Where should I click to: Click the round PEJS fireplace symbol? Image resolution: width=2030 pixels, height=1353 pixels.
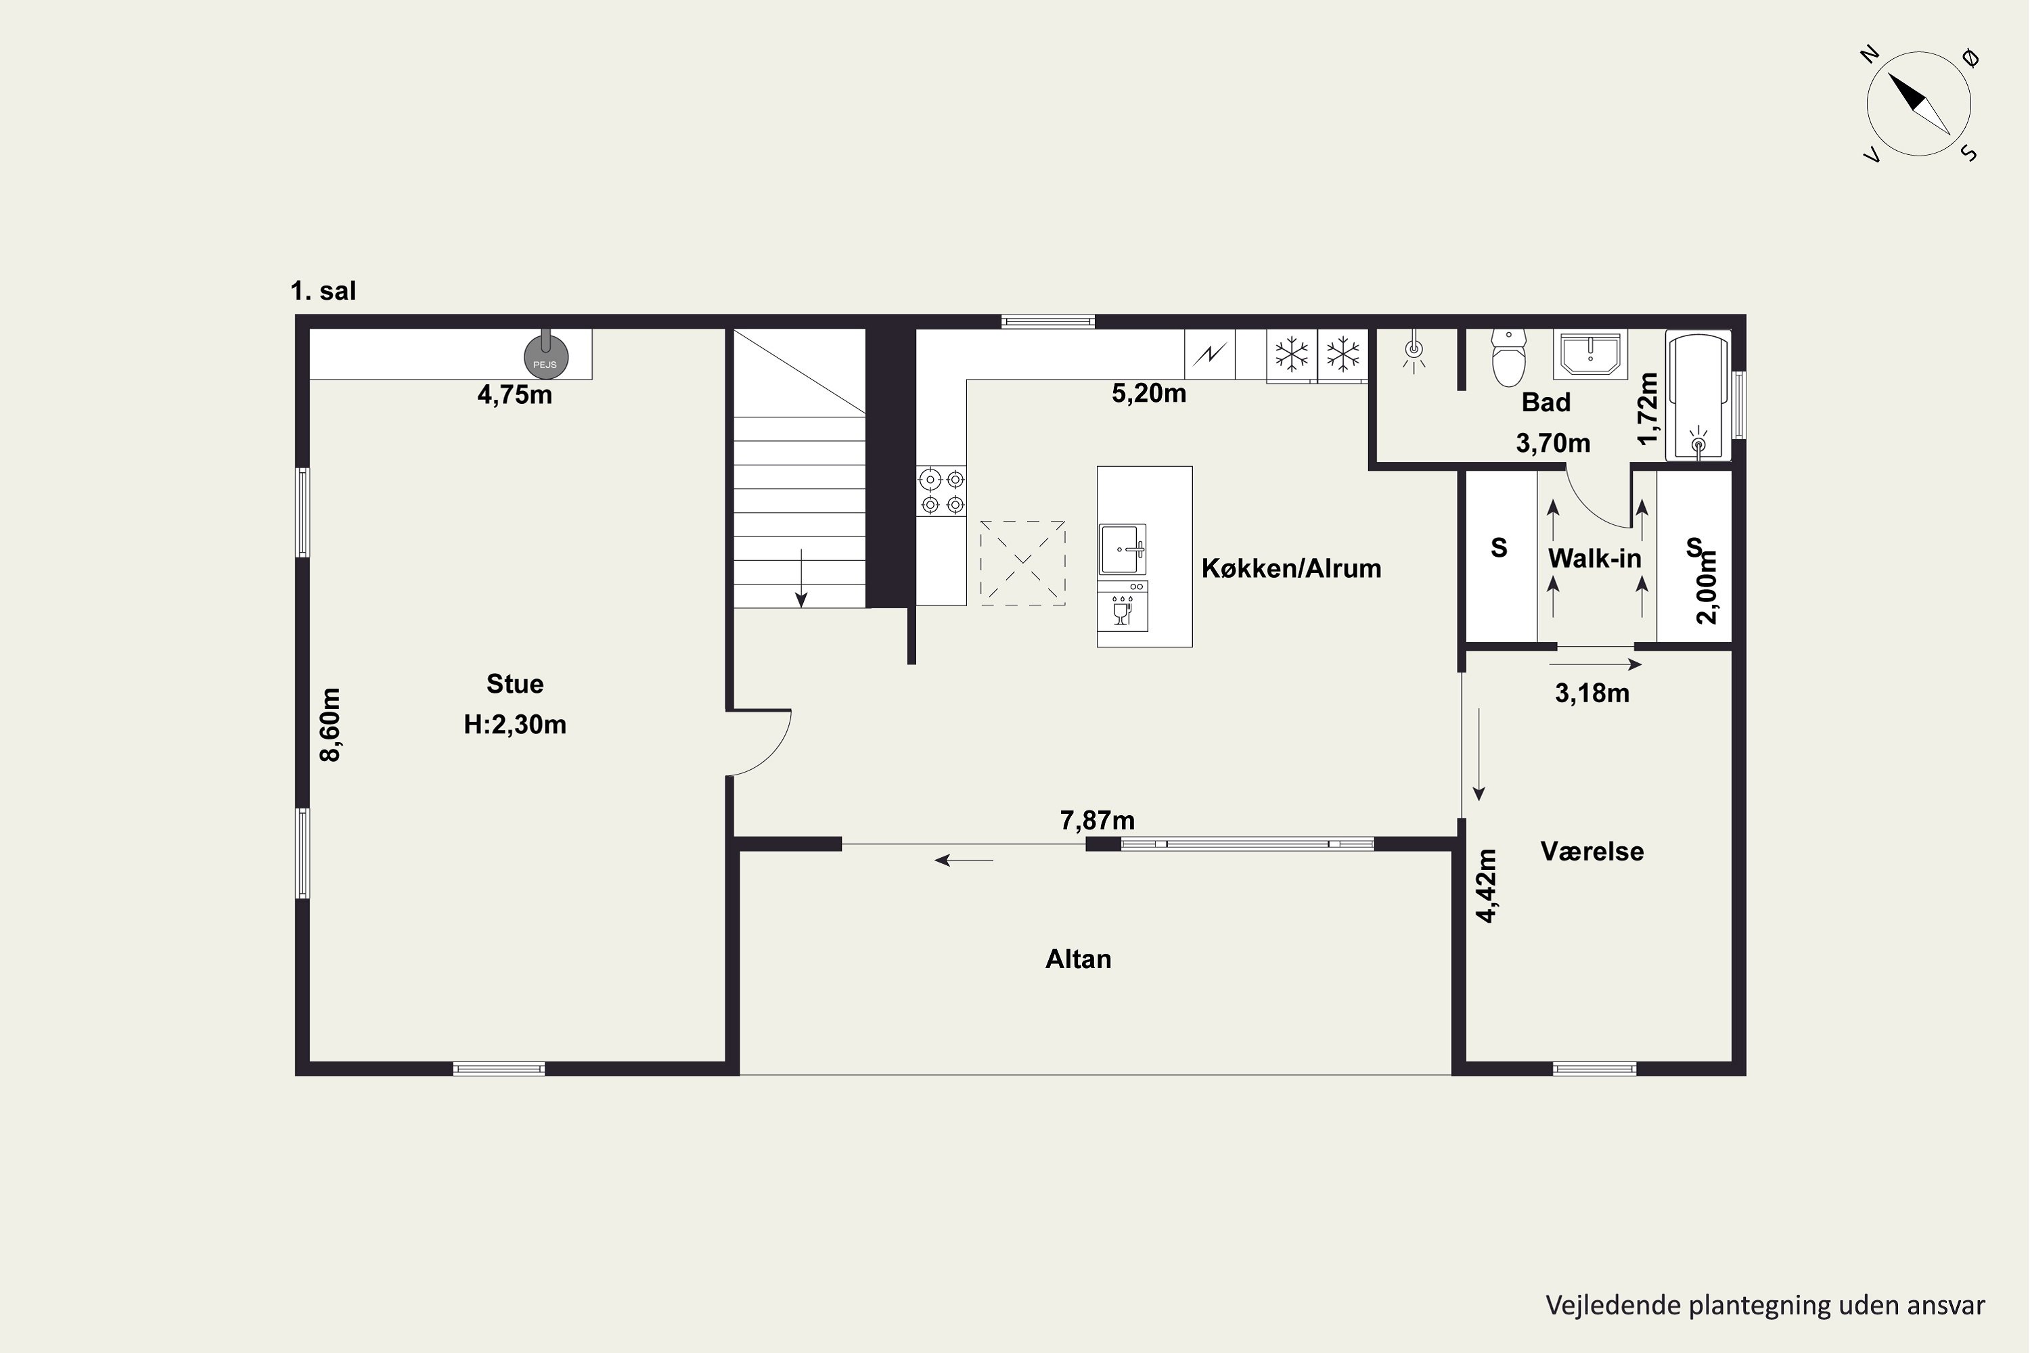pyautogui.click(x=546, y=357)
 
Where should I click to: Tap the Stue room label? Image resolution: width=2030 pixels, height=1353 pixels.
pyautogui.click(x=515, y=684)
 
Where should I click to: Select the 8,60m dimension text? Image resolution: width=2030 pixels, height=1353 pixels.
pyautogui.click(x=331, y=725)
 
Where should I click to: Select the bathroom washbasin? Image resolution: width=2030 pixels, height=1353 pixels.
pyautogui.click(x=1589, y=354)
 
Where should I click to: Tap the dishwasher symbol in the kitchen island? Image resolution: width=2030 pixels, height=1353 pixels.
pyautogui.click(x=1123, y=605)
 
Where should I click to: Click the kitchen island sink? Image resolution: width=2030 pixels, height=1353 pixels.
pyautogui.click(x=1123, y=549)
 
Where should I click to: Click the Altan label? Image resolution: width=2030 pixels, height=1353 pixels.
pyautogui.click(x=1078, y=959)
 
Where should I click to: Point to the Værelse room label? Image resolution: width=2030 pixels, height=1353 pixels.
pyautogui.click(x=1592, y=852)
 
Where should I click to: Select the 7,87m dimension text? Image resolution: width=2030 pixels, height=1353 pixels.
pyautogui.click(x=1097, y=821)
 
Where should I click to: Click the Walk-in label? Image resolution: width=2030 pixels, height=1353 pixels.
pyautogui.click(x=1595, y=558)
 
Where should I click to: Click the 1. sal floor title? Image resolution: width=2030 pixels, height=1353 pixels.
pyautogui.click(x=323, y=291)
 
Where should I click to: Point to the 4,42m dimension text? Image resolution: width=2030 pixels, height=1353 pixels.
pyautogui.click(x=1485, y=886)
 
